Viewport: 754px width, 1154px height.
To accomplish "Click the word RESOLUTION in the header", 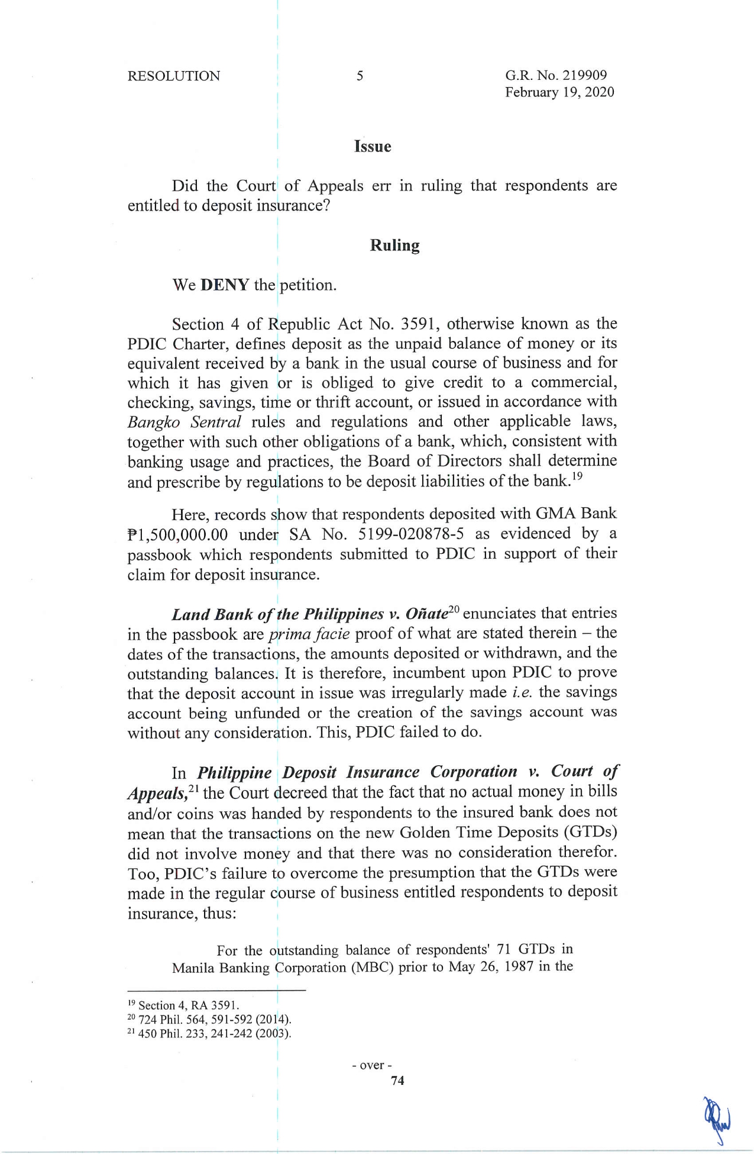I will pyautogui.click(x=173, y=76).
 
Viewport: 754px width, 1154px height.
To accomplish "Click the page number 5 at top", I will pyautogui.click(x=360, y=76).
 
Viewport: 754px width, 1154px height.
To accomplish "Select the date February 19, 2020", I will pyautogui.click(x=559, y=92).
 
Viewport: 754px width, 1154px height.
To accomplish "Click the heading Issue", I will pyautogui.click(x=373, y=147).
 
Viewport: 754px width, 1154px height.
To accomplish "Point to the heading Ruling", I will pyautogui.click(x=394, y=246).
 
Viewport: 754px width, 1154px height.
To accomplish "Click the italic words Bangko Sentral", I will pyautogui.click(x=184, y=423).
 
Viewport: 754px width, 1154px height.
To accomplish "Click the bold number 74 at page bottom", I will pyautogui.click(x=397, y=1081).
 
